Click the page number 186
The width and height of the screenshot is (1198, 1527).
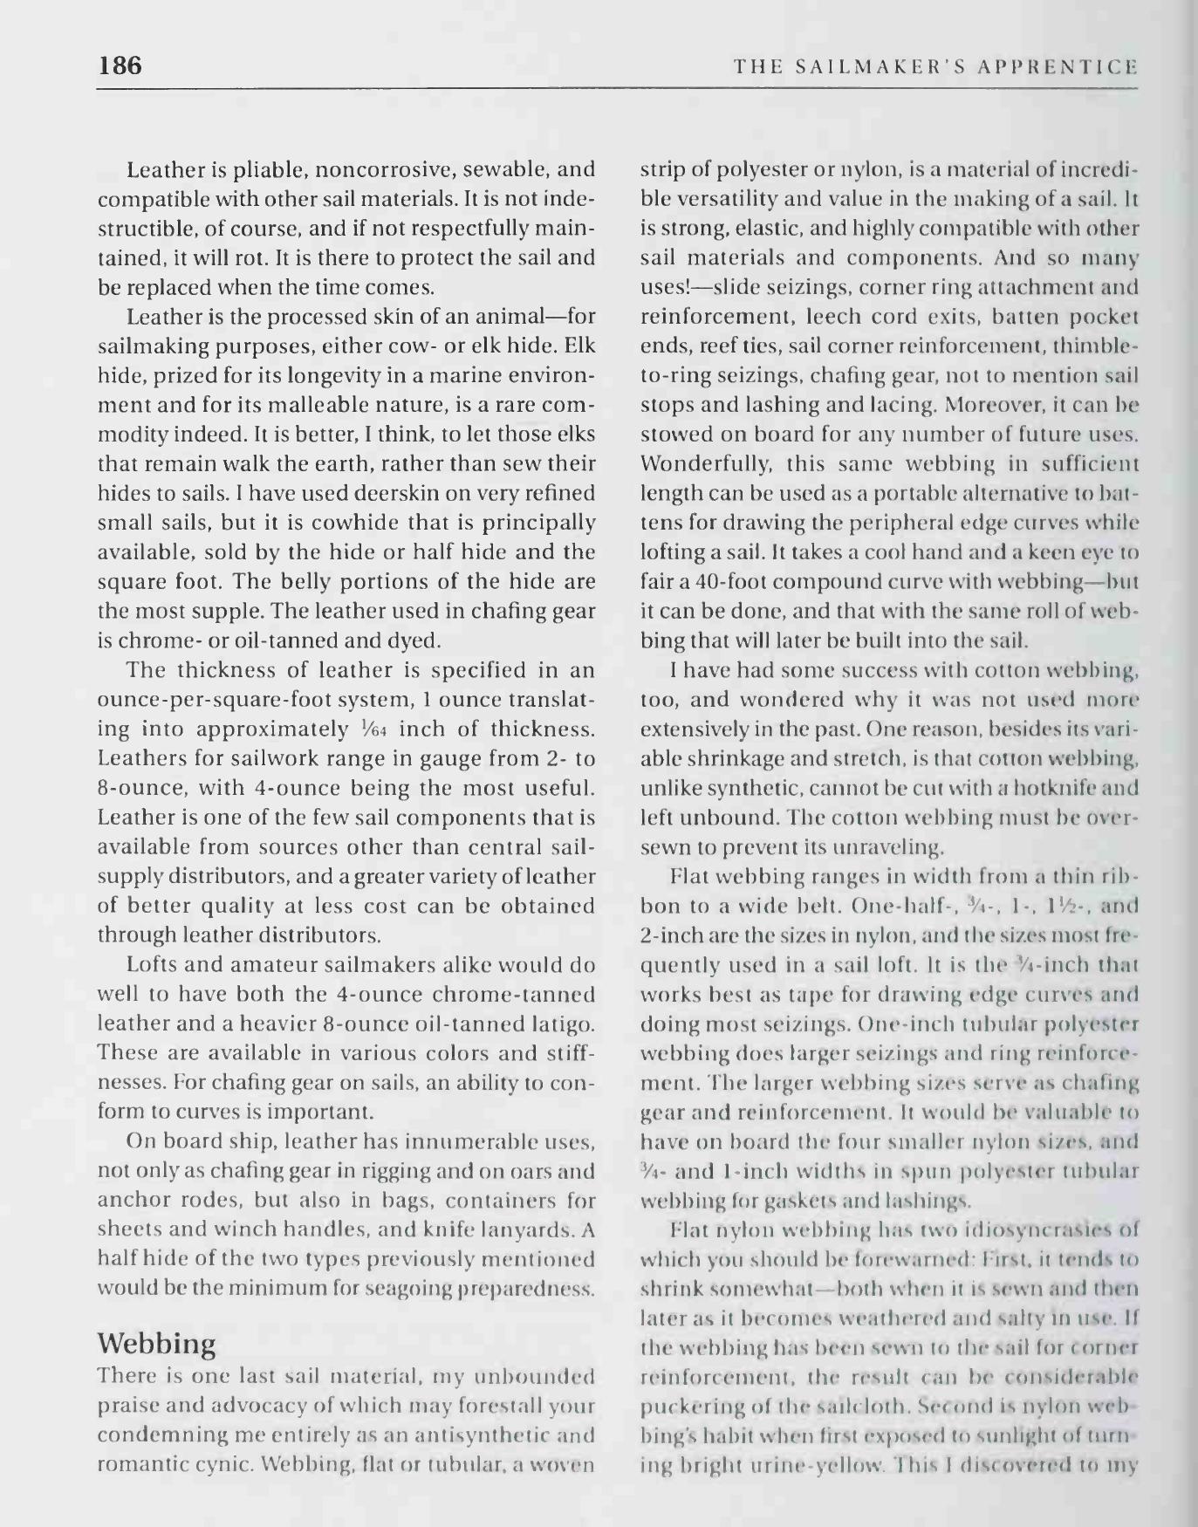click(x=120, y=66)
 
